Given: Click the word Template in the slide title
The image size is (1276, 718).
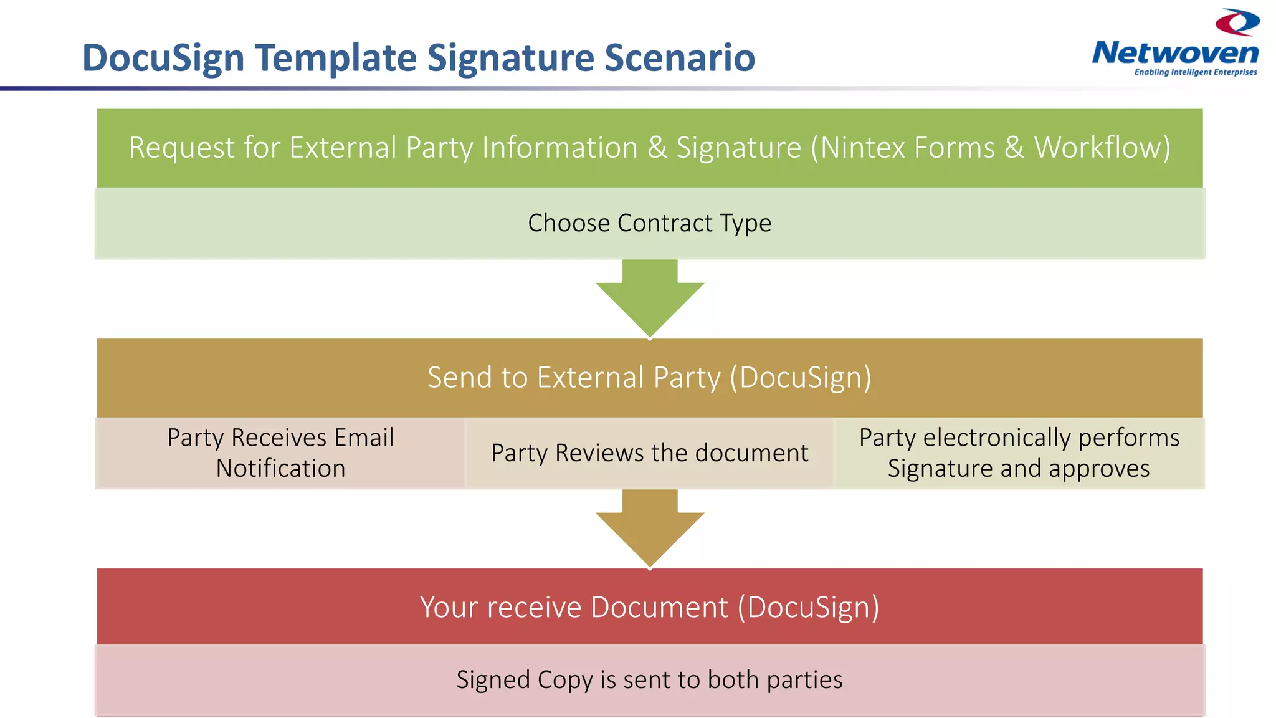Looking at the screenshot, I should click(336, 58).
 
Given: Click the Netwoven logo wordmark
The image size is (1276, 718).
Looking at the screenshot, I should click(1175, 54).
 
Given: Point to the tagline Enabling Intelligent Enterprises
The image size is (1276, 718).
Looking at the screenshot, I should click(1195, 72).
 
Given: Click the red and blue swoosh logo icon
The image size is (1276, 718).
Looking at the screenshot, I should click(1237, 22).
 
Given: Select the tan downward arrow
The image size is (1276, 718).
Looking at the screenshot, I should click(650, 530).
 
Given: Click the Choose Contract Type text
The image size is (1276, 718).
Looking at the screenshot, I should click(649, 223).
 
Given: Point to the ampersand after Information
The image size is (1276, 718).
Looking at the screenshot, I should click(657, 148).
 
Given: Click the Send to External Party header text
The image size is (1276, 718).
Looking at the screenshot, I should click(649, 378).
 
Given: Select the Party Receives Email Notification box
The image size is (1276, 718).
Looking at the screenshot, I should click(280, 453).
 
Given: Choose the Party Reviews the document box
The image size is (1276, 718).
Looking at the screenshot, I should click(649, 453).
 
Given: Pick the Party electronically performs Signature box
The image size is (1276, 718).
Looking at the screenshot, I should click(1019, 453).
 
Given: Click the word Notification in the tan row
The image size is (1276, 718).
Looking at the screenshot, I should click(280, 469).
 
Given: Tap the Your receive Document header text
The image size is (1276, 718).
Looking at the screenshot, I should click(649, 607).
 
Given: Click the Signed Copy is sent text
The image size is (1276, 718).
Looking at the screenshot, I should click(649, 680).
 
